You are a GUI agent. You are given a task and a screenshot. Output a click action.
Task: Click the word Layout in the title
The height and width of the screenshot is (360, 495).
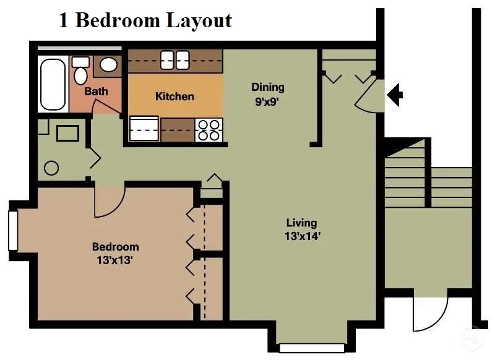199,21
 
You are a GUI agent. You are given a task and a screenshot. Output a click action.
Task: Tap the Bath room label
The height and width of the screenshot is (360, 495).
96,92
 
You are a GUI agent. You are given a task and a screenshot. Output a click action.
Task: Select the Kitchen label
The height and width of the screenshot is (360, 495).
174,96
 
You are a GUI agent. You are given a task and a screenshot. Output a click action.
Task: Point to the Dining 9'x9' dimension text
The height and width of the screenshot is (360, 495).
268,102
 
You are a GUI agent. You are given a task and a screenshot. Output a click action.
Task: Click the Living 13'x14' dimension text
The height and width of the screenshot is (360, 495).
303,236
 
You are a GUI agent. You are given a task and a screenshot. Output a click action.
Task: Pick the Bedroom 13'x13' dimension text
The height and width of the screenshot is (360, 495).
114,260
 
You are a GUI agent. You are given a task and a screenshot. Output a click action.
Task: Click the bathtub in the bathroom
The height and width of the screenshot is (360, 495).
53,84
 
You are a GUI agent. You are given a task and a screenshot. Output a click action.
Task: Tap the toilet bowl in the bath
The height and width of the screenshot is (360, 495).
80,75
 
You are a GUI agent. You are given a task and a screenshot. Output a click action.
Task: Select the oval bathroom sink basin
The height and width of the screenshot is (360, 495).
109,65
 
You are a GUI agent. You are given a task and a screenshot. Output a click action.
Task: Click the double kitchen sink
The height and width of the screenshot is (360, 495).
174,60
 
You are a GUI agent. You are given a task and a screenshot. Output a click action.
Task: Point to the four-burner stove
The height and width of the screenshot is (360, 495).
209,130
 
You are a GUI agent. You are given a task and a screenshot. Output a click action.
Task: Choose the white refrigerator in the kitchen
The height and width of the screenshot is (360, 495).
144,129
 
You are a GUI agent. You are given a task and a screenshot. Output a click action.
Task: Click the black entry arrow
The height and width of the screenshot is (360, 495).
395,95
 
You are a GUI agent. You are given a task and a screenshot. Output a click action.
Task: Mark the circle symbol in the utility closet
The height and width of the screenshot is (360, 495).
51,168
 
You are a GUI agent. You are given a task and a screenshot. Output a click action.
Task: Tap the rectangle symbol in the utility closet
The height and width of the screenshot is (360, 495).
67,133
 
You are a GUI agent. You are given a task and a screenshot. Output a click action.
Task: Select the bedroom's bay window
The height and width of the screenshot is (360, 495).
13,231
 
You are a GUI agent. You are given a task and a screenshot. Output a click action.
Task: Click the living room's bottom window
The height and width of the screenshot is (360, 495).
312,348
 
